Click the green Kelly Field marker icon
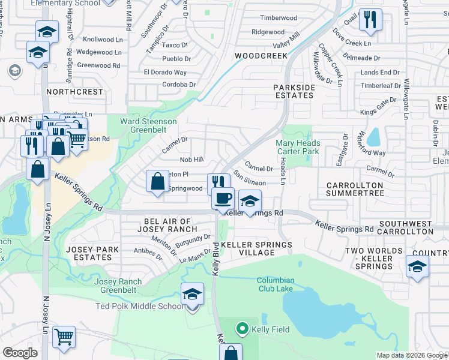(x=243, y=329)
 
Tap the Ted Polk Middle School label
(x=140, y=307)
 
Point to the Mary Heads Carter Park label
(x=298, y=147)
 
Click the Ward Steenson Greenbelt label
(x=148, y=125)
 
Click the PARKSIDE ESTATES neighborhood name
(x=294, y=91)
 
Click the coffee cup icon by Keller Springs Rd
(x=223, y=197)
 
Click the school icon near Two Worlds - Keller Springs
(x=417, y=266)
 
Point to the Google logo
(x=20, y=353)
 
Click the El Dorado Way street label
(x=165, y=72)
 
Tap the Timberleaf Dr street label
(x=381, y=86)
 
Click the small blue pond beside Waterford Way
(x=373, y=137)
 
